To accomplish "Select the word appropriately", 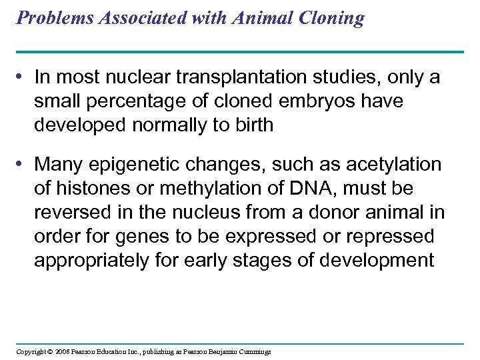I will coord(91,260).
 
